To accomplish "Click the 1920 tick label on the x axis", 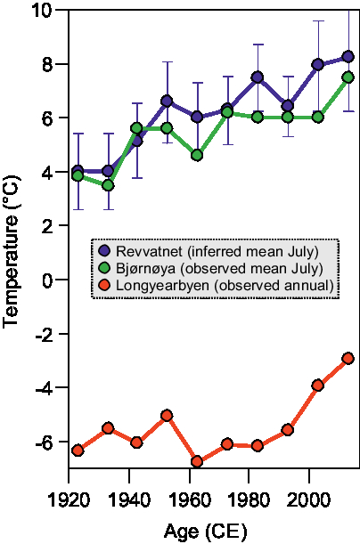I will [x=69, y=497].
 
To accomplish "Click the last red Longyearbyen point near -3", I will [x=348, y=358].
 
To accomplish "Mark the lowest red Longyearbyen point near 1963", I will [x=197, y=462].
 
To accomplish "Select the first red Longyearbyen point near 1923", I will [x=78, y=451].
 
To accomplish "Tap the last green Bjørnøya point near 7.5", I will [x=348, y=77].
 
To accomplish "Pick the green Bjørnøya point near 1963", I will [x=197, y=155].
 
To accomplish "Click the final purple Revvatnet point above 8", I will [x=348, y=57].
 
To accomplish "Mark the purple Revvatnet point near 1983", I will [x=257, y=77].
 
